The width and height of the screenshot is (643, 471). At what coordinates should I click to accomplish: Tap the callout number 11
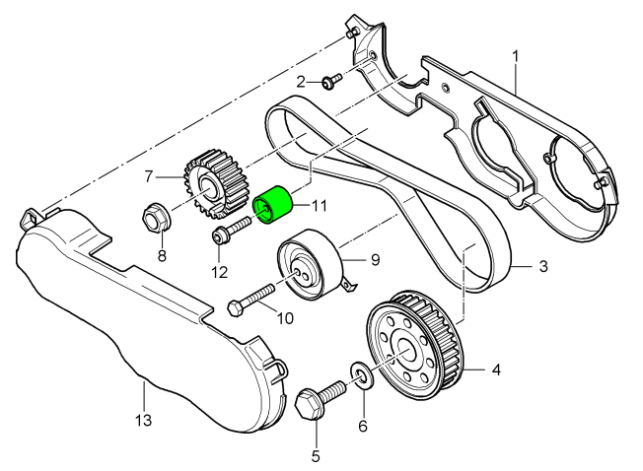pyautogui.click(x=319, y=206)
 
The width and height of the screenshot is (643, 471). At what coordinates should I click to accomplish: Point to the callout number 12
pyautogui.click(x=219, y=271)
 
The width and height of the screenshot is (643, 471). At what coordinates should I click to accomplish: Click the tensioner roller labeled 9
pyautogui.click(x=309, y=263)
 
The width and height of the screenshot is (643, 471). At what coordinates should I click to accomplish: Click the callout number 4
pyautogui.click(x=496, y=370)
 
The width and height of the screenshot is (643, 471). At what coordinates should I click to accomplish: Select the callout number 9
pyautogui.click(x=374, y=261)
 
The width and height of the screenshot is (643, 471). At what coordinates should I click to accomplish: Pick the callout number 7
pyautogui.click(x=150, y=176)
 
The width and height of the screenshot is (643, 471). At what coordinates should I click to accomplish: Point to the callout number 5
pyautogui.click(x=317, y=455)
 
